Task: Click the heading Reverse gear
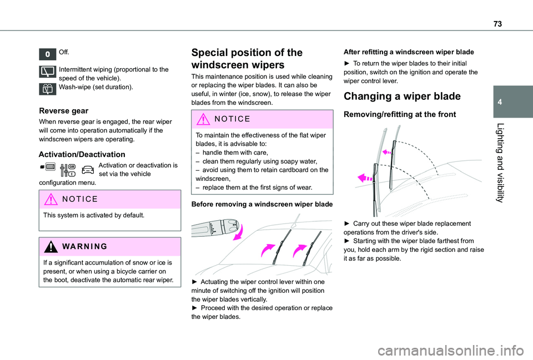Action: [x=64, y=111]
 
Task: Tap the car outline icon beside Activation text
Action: [x=88, y=170]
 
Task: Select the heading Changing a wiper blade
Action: [x=402, y=96]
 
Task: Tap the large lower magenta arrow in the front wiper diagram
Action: [x=365, y=178]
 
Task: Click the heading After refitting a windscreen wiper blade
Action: [x=409, y=51]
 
